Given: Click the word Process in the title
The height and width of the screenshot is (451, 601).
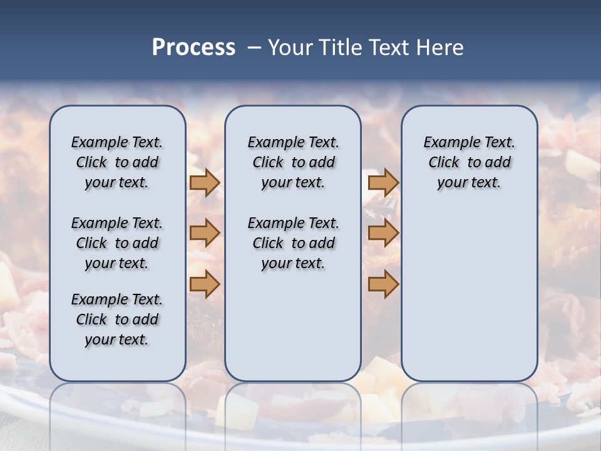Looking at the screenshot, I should (193, 48).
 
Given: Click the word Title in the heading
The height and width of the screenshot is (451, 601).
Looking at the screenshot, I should (342, 48).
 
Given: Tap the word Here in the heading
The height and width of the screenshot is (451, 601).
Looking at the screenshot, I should (441, 48).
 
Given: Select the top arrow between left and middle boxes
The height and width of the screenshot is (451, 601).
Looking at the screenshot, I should (205, 182).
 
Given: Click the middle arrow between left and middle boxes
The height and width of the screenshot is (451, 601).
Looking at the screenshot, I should (205, 233).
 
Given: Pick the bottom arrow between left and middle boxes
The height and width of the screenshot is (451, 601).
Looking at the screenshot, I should (205, 284).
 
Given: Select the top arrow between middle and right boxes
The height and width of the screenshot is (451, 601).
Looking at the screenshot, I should (383, 182).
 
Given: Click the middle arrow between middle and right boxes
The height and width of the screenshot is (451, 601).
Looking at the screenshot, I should (383, 233).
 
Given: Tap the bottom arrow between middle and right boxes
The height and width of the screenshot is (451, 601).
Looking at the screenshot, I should (383, 284).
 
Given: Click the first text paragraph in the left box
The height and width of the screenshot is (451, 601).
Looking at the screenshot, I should (117, 162).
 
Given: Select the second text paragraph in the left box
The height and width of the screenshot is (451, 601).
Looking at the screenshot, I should (117, 243).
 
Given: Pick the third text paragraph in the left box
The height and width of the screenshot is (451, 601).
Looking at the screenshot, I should (117, 319).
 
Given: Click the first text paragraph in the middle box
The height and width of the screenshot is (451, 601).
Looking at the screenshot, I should (293, 162).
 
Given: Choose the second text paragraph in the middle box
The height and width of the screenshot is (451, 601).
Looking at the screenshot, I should (293, 243).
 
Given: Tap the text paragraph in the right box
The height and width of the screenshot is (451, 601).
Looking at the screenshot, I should (469, 162).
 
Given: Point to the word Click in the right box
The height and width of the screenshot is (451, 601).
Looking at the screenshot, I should (444, 163).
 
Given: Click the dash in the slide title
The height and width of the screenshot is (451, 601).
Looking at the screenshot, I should (255, 48).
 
